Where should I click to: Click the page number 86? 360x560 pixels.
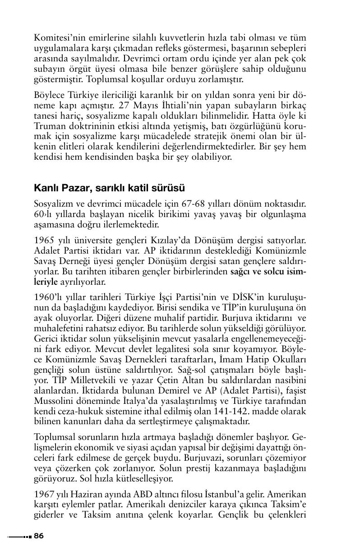pyautogui.click(x=39, y=536)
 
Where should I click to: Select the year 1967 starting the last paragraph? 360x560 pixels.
pyautogui.click(x=44, y=491)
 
